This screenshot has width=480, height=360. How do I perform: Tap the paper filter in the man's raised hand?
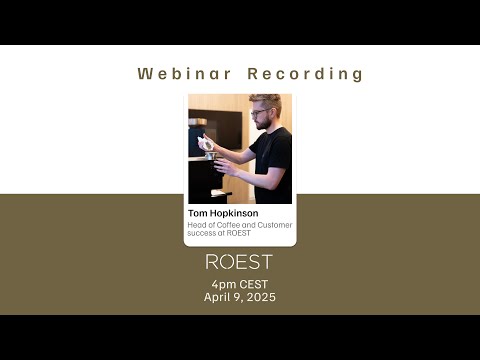pyautogui.click(x=208, y=145)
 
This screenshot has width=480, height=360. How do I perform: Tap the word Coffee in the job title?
pyautogui.click(x=230, y=225)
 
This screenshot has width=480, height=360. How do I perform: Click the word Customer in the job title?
pyautogui.click(x=275, y=225)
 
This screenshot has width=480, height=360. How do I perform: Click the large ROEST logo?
pyautogui.click(x=238, y=263)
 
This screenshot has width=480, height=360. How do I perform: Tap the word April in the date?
pyautogui.click(x=219, y=298)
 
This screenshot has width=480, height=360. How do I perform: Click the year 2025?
pyautogui.click(x=260, y=298)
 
